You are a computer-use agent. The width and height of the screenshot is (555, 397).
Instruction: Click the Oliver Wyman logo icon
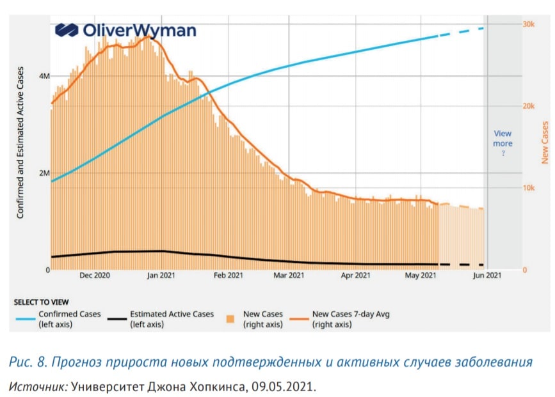pyautogui.click(x=67, y=30)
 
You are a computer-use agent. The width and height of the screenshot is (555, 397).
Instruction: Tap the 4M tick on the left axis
pyautogui.click(x=44, y=76)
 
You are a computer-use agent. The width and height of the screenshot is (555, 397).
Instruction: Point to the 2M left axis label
pyautogui.click(x=44, y=173)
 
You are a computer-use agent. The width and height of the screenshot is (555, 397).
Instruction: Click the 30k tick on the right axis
pyautogui.click(x=529, y=24)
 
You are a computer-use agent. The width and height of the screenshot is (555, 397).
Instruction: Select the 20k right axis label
pyautogui.click(x=529, y=106)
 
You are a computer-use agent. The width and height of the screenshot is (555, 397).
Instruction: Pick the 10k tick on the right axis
pyautogui.click(x=529, y=188)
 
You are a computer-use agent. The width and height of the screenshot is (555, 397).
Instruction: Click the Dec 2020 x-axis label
pyautogui.click(x=95, y=275)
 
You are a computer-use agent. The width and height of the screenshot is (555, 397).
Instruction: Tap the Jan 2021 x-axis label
pyautogui.click(x=161, y=275)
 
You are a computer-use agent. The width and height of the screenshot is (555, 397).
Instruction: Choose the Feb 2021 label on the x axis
pyautogui.click(x=229, y=275)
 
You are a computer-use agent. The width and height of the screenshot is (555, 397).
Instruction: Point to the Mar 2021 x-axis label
pyautogui.click(x=289, y=275)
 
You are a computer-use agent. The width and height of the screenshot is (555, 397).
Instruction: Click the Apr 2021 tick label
pyautogui.click(x=355, y=275)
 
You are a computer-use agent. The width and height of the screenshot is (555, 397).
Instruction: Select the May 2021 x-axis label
pyautogui.click(x=421, y=275)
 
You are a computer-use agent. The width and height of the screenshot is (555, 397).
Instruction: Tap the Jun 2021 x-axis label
pyautogui.click(x=487, y=275)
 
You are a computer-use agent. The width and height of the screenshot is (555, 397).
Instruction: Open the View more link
pyautogui.click(x=503, y=139)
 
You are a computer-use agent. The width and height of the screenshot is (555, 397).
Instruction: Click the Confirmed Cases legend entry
pyautogui.click(x=59, y=319)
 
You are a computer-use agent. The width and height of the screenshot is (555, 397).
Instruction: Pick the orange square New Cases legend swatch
pyautogui.click(x=230, y=319)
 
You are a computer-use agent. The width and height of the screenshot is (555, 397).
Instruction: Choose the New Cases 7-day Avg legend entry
pyautogui.click(x=340, y=319)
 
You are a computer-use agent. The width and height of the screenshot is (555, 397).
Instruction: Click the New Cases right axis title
pyautogui.click(x=545, y=143)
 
